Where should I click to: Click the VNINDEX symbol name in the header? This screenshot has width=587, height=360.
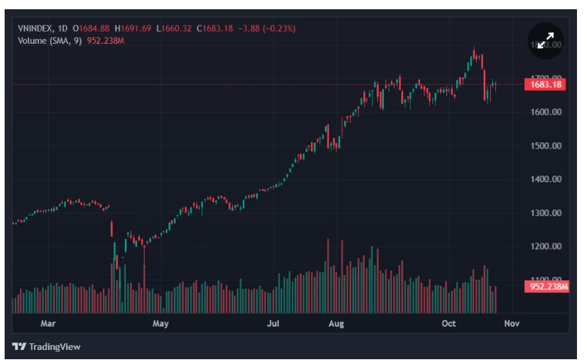[35, 29]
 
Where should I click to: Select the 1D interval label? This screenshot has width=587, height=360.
[62, 29]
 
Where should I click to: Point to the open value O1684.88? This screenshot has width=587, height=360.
[93, 29]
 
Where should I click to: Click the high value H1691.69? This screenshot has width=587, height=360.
[133, 29]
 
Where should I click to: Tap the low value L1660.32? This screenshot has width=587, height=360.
[174, 29]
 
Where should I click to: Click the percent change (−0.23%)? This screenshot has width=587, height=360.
[277, 29]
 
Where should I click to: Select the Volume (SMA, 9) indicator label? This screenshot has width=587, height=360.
[50, 40]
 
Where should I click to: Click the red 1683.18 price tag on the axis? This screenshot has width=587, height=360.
[546, 84]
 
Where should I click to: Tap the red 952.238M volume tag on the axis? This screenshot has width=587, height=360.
[548, 287]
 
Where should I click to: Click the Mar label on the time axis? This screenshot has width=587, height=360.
[49, 324]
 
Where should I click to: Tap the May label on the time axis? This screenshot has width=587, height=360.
[160, 324]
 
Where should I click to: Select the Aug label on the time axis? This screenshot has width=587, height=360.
[336, 324]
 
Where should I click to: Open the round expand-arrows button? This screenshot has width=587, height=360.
[545, 41]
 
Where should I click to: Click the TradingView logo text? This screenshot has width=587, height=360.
[55, 347]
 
